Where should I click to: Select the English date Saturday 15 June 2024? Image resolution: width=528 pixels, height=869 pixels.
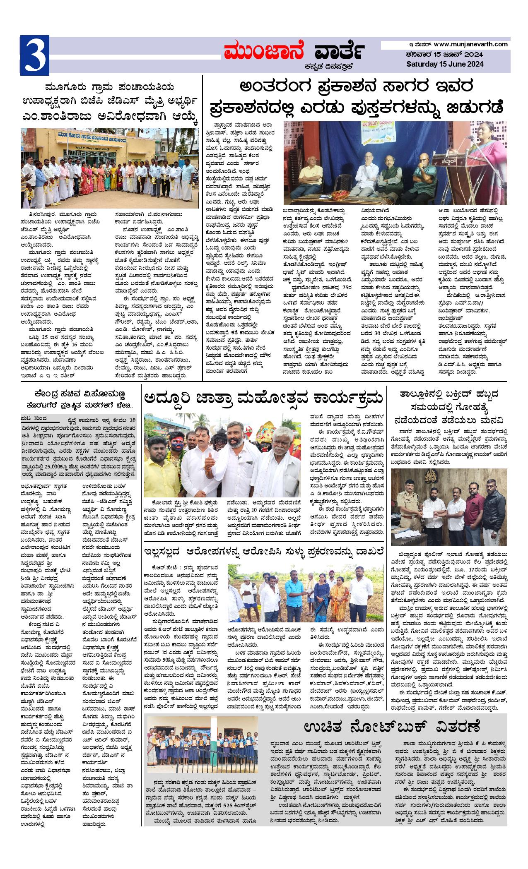click(x=444, y=64)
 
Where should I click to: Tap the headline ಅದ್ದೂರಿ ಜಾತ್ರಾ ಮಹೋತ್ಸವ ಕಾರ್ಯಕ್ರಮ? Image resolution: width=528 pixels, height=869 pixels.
click(x=262, y=400)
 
